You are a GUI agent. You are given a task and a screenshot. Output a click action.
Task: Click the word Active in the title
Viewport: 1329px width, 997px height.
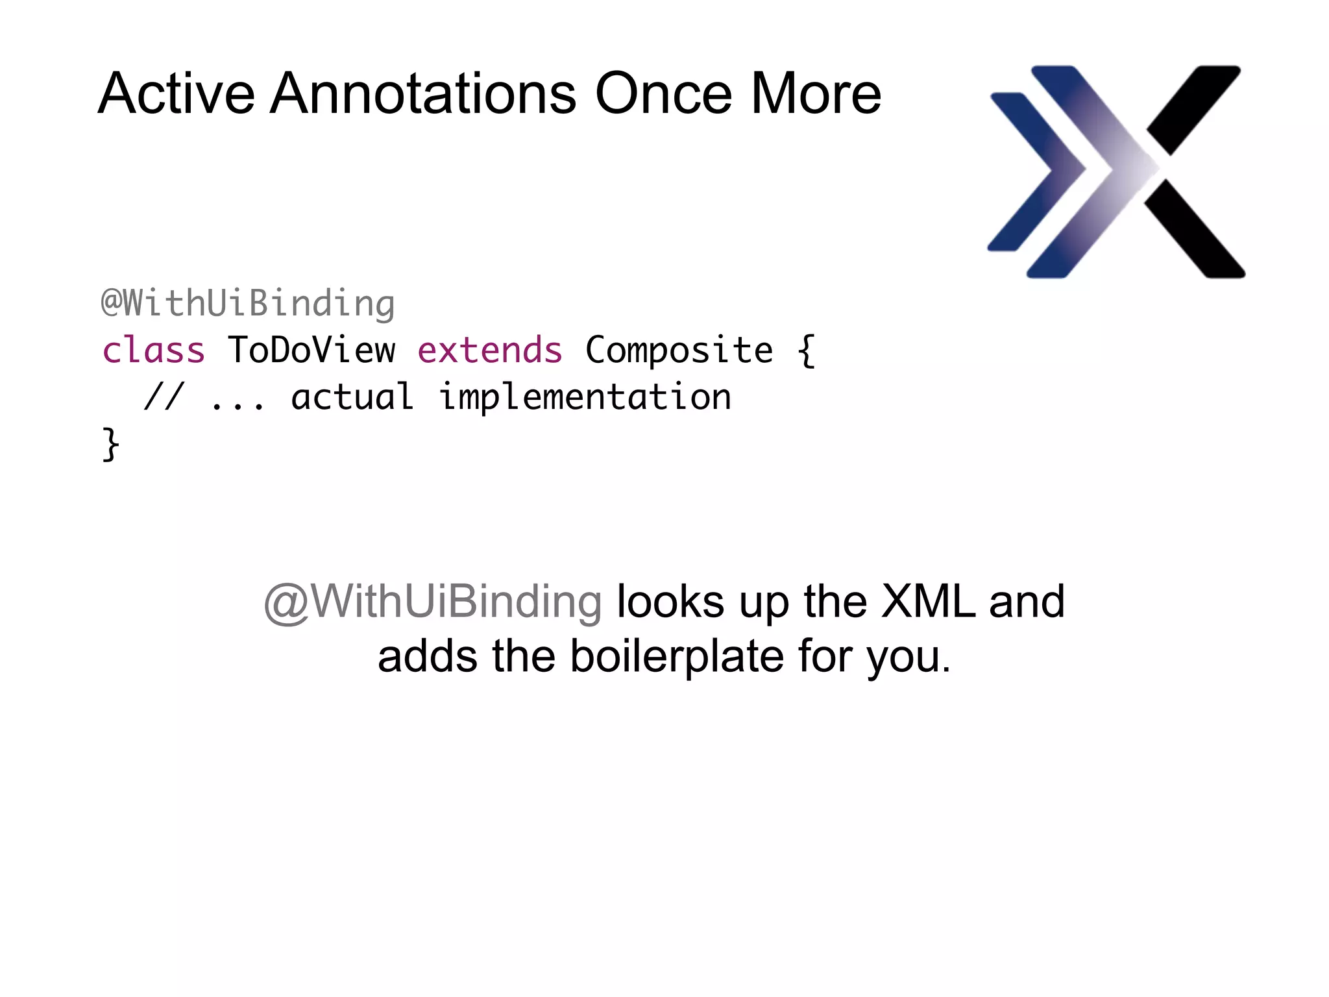(x=176, y=94)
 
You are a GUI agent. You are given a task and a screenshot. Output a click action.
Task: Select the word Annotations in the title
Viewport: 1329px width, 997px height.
(x=422, y=94)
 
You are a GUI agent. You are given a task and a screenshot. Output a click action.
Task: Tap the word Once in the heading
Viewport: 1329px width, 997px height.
(x=663, y=94)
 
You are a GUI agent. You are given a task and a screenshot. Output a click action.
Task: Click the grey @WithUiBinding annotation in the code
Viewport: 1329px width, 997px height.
(x=248, y=304)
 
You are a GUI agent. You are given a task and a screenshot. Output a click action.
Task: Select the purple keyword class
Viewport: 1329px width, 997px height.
(x=154, y=351)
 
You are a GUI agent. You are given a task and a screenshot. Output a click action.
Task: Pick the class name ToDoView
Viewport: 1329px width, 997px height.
(x=311, y=351)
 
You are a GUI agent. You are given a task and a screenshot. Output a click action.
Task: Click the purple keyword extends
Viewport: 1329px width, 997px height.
(x=490, y=351)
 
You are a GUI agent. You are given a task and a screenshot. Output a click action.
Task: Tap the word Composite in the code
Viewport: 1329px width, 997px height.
(x=679, y=351)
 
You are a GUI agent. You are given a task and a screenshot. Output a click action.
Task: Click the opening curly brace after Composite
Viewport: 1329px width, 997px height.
(x=806, y=351)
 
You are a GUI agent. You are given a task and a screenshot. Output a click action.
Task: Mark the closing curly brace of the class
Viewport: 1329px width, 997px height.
(x=111, y=445)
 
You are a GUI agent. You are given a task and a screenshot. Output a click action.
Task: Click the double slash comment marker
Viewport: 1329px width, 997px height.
(x=164, y=397)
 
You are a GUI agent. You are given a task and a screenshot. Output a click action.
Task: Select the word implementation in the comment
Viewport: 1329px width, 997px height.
(x=585, y=398)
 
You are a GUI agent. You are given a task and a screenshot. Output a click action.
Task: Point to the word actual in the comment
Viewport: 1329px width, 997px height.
(x=352, y=397)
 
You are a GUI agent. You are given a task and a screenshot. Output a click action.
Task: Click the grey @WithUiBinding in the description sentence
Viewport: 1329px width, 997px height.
(x=433, y=602)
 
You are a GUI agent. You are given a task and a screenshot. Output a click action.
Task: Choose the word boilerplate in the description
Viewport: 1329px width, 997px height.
(x=677, y=657)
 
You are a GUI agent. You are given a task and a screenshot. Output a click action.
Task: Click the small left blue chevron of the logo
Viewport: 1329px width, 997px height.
(x=1032, y=172)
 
